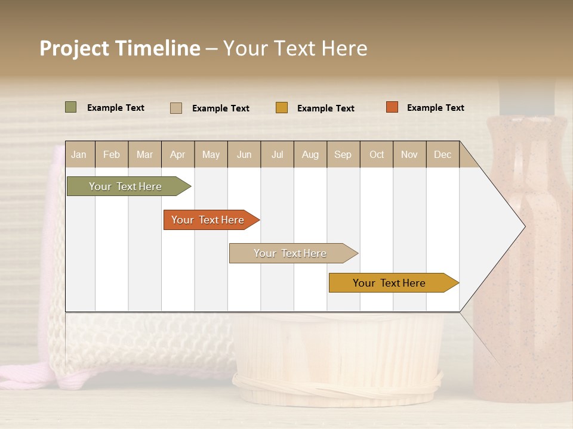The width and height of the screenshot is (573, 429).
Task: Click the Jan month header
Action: (x=79, y=155)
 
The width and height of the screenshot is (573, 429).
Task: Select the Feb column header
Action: (x=112, y=155)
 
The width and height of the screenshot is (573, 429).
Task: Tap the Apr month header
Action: (x=177, y=155)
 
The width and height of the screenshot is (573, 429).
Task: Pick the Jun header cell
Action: (x=244, y=155)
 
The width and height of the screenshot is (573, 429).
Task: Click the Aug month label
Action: (x=310, y=155)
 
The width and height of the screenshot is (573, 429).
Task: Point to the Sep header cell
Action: (x=343, y=155)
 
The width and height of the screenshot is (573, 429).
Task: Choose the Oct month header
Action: (x=377, y=155)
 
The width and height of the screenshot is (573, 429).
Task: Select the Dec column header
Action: (x=442, y=155)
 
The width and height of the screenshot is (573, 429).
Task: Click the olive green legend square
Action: (x=70, y=107)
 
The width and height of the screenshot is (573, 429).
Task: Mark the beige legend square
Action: (x=175, y=108)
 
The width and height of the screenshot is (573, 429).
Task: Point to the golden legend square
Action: (x=281, y=108)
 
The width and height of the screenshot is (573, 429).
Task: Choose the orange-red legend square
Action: (x=392, y=107)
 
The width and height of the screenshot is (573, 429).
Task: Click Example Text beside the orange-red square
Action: (x=435, y=108)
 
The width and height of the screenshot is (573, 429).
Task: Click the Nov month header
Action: (x=409, y=155)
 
